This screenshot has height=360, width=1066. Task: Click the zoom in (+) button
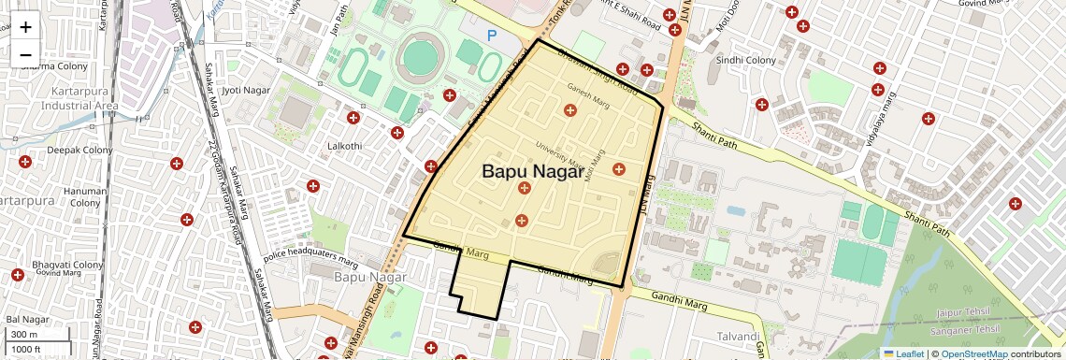(25, 27)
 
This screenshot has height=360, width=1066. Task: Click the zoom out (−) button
(25, 55)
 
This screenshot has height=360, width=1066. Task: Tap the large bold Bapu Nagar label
(532, 172)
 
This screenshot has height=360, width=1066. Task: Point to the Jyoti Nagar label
(244, 90)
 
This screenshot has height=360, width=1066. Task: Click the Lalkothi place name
(343, 146)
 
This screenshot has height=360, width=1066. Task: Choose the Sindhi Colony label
(746, 60)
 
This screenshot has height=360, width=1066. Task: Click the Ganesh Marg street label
(587, 88)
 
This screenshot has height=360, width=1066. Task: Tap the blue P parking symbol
(492, 36)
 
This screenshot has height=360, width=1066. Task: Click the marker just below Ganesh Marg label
(569, 110)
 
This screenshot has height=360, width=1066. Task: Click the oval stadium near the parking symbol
(419, 57)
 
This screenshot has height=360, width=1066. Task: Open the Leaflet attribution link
(903, 353)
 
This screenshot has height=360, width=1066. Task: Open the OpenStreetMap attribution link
(973, 353)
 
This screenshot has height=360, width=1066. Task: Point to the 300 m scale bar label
(24, 335)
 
